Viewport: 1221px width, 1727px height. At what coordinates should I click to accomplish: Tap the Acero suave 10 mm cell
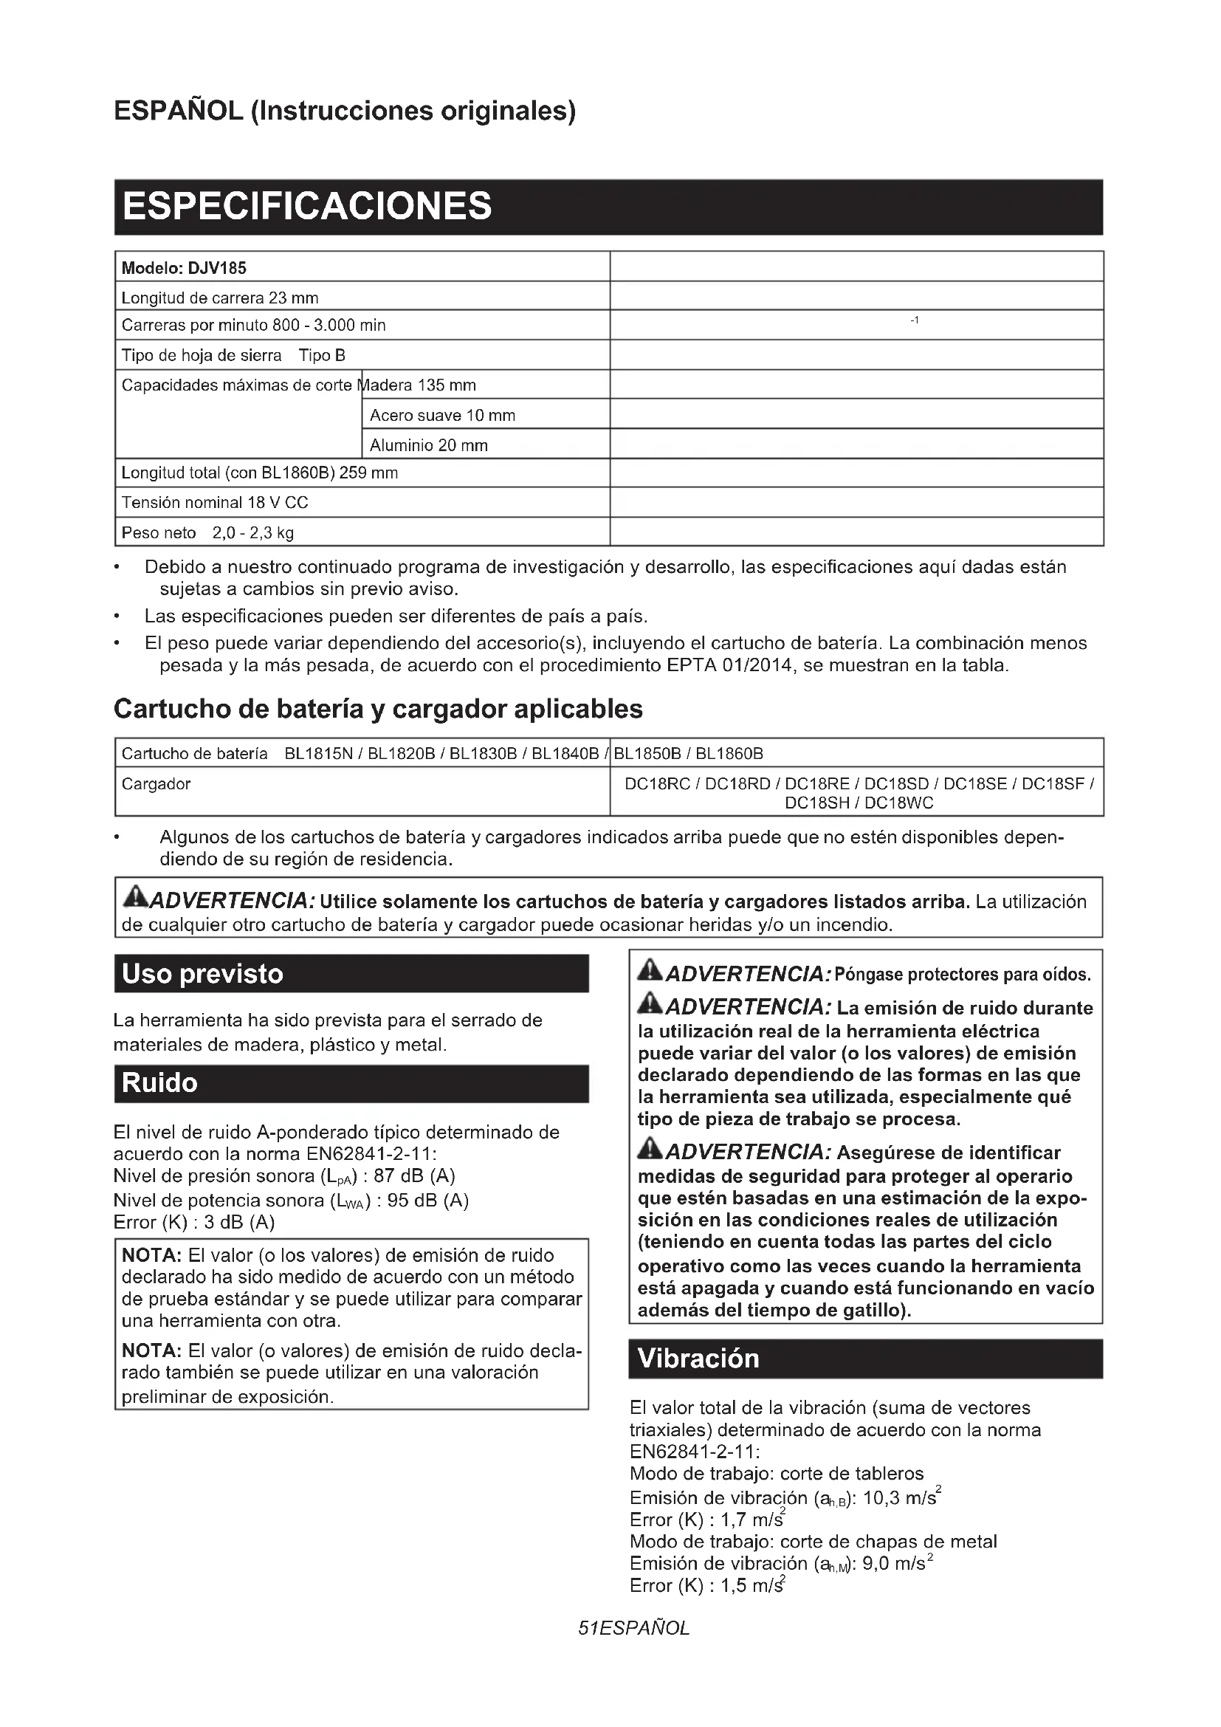point(442,415)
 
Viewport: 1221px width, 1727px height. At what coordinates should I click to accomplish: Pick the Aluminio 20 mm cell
point(429,445)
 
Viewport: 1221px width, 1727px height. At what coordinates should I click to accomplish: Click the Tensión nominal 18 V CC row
point(215,503)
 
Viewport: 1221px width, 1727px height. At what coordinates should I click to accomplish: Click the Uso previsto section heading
point(202,974)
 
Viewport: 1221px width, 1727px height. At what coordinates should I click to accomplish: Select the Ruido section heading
point(159,1083)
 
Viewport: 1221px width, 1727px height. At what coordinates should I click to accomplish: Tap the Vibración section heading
point(698,1359)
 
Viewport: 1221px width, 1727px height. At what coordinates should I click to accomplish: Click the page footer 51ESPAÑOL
point(633,1628)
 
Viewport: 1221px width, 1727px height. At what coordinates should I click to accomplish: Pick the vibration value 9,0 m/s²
point(897,1564)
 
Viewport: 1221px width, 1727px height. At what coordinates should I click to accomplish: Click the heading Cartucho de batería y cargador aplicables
point(378,709)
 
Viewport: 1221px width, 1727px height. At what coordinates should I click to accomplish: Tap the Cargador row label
point(157,784)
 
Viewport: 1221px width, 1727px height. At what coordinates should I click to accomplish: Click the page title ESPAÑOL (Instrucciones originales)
point(344,111)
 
